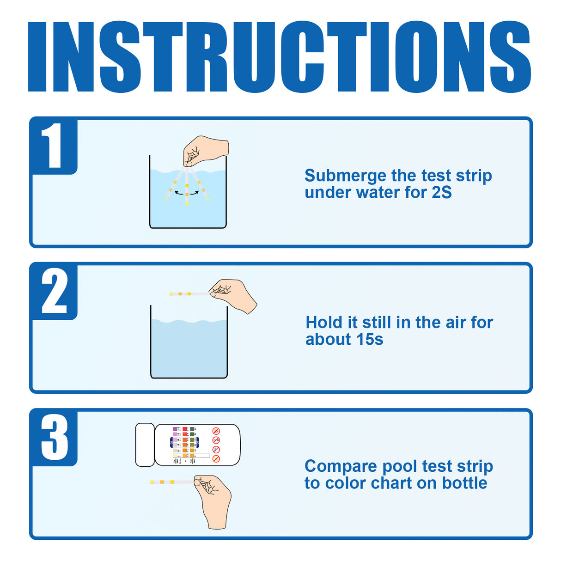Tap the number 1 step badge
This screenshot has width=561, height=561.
tap(54, 146)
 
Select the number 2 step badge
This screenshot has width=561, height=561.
tap(54, 292)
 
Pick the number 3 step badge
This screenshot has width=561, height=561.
tap(54, 437)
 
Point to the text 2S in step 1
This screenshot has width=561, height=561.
tap(441, 193)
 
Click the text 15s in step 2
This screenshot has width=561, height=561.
tap(368, 340)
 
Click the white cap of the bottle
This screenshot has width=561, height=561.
tap(145, 445)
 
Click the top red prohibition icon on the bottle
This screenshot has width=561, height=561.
tap(216, 431)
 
